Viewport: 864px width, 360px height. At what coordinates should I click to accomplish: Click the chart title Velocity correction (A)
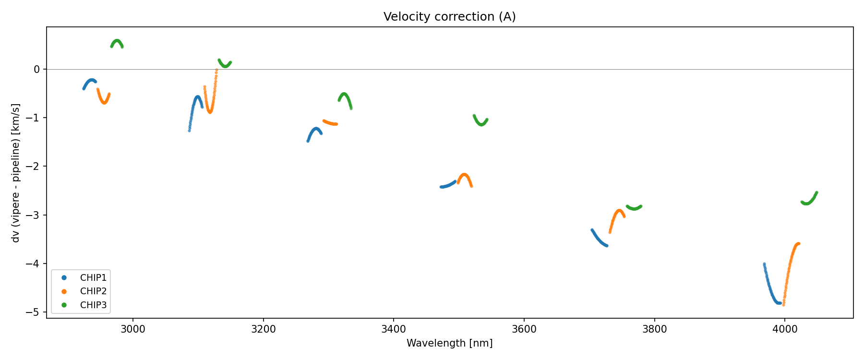point(449,17)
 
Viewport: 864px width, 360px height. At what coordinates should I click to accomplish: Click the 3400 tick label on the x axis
point(393,329)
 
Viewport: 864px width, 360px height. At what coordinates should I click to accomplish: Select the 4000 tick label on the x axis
point(784,329)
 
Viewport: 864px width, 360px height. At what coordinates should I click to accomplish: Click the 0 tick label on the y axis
point(37,70)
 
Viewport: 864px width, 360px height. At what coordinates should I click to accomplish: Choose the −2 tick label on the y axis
point(35,167)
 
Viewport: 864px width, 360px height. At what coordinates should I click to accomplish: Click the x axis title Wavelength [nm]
point(449,343)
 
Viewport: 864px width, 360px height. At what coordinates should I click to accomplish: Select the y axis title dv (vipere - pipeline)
point(16,173)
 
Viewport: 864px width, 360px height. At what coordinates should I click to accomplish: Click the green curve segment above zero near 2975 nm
point(117,41)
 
